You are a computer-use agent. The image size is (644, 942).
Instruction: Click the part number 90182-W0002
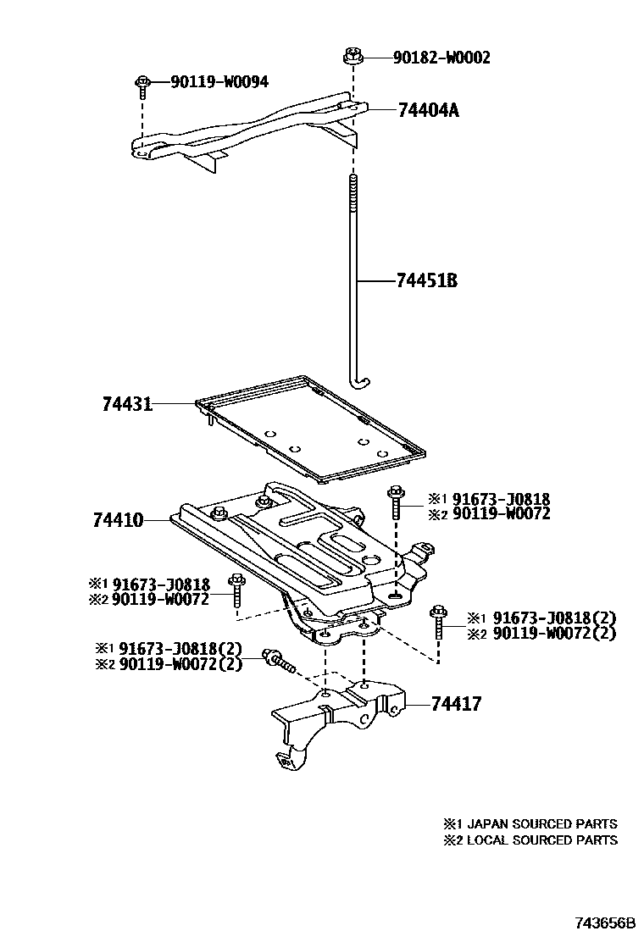pyautogui.click(x=441, y=58)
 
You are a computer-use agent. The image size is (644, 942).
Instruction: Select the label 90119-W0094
pyautogui.click(x=219, y=82)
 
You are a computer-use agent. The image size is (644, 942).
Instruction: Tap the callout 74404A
pyautogui.click(x=428, y=110)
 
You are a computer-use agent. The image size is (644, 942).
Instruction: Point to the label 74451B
pyautogui.click(x=426, y=280)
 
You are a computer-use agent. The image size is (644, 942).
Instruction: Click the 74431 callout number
pyautogui.click(x=126, y=405)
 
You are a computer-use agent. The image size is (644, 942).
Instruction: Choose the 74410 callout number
pyautogui.click(x=118, y=519)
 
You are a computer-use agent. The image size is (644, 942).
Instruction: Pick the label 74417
pyautogui.click(x=456, y=704)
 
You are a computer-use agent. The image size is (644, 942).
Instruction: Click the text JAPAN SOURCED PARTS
pyautogui.click(x=541, y=823)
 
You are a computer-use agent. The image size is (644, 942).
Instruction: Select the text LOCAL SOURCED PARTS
pyautogui.click(x=541, y=840)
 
